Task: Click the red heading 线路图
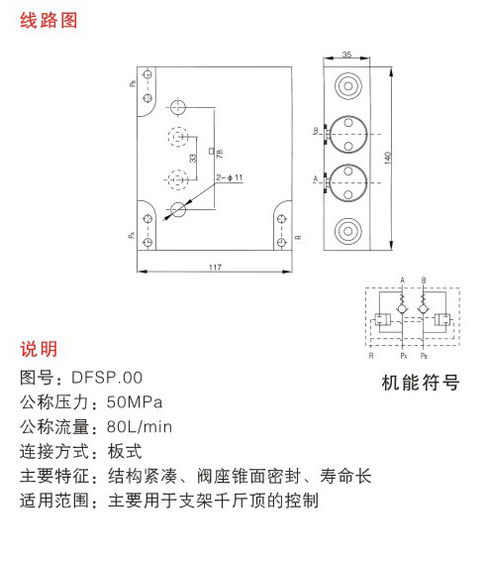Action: click(49, 20)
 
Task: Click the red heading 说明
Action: click(39, 349)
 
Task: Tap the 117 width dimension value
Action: click(215, 268)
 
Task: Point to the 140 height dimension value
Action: click(387, 158)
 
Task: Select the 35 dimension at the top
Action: click(346, 55)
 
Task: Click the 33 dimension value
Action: click(193, 158)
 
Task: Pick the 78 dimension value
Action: click(220, 154)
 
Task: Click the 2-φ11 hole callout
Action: click(230, 177)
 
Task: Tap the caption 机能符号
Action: click(421, 383)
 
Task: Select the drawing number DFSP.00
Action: click(107, 378)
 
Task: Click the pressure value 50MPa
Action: click(135, 402)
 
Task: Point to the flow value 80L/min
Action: click(140, 427)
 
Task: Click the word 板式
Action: click(125, 451)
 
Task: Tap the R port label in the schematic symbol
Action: click(371, 356)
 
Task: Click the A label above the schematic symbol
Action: click(402, 281)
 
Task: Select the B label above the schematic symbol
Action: click(424, 281)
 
